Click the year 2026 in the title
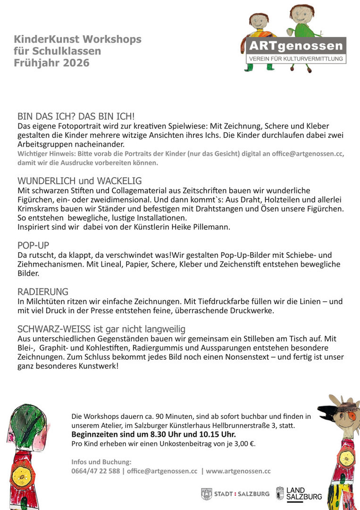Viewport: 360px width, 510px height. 76,63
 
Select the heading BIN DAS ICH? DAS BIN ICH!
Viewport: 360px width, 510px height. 76,116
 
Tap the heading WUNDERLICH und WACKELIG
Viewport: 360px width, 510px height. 79,180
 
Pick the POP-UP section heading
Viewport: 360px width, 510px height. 33,245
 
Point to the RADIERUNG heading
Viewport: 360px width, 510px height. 43,291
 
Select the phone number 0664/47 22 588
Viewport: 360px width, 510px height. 95,471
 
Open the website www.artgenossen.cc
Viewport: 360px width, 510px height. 238,471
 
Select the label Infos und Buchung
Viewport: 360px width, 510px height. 101,462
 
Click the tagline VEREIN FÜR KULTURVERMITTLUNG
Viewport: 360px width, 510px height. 296,59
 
